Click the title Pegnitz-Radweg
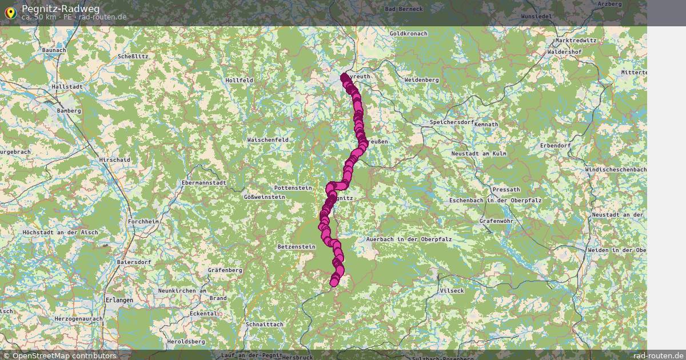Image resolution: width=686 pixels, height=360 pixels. (60, 9)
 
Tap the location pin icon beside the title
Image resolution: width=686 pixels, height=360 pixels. (10, 13)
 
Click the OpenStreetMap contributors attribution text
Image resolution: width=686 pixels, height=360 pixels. (59, 355)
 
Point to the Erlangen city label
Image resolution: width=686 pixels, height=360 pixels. (119, 299)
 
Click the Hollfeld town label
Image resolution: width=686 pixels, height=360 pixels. (239, 81)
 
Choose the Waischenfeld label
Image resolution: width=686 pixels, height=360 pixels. (268, 140)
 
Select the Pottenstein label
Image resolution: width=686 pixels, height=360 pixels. (293, 187)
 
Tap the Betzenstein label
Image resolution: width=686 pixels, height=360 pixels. (296, 247)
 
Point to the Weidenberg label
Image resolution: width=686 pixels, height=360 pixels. (421, 80)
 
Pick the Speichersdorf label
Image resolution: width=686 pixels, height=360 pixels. (452, 122)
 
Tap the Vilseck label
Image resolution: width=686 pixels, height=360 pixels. (452, 291)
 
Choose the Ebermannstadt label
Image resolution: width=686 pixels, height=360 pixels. (204, 183)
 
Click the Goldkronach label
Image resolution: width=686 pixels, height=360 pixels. (408, 34)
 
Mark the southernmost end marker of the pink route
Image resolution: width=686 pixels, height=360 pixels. (334, 282)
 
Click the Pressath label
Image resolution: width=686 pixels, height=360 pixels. (506, 190)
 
